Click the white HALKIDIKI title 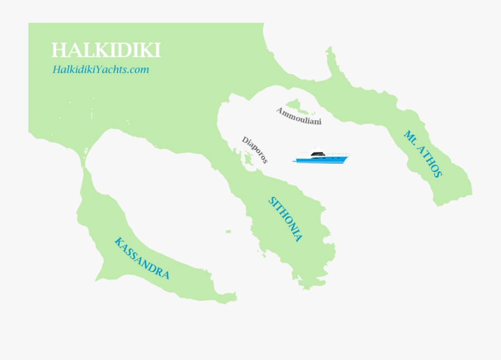pos(106,50)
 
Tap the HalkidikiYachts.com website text pos(101,70)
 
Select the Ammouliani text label pos(299,116)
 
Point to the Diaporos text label pos(255,150)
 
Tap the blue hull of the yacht pos(320,160)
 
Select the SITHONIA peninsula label pos(286,219)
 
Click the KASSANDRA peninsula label pos(141,258)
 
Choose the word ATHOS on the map pos(430,161)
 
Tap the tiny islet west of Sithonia pos(228,231)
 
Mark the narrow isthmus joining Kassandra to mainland pos(85,165)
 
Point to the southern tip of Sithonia pos(306,287)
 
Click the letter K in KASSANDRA pos(118,241)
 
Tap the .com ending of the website pos(140,70)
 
